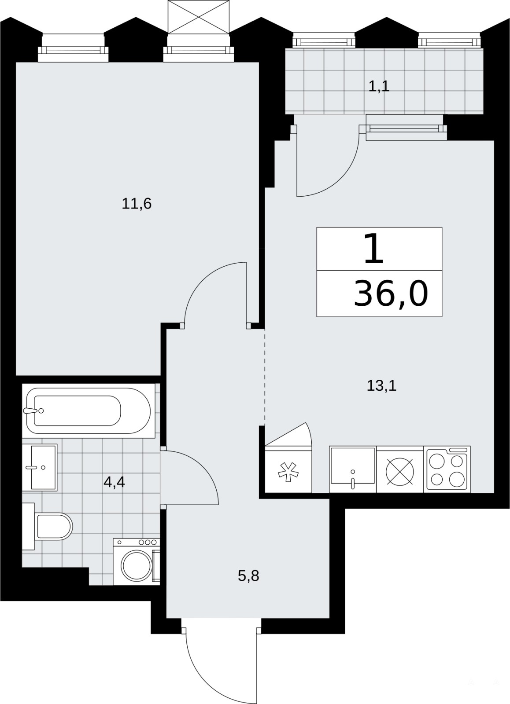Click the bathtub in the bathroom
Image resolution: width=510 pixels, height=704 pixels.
pos(89,411)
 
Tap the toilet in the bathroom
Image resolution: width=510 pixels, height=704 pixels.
pos(47,526)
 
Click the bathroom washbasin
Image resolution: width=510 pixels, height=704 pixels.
pos(40,467)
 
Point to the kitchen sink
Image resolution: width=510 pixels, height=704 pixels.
pos(353,469)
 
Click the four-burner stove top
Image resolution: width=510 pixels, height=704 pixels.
pos(447,469)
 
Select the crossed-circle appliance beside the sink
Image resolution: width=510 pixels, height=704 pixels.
pos(400,470)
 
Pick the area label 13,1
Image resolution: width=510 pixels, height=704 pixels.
pos(382,385)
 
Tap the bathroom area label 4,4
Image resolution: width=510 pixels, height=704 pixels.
pos(114,482)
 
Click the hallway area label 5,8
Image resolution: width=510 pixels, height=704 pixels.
pos(248,576)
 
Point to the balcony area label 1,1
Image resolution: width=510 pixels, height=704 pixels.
pos(379,86)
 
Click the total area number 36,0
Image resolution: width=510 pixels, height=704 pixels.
pos(391,293)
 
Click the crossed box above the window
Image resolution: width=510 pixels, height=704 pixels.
pos(199,16)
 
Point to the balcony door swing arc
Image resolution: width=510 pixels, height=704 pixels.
pos(343,176)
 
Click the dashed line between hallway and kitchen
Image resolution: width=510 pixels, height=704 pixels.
pos(265,376)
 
